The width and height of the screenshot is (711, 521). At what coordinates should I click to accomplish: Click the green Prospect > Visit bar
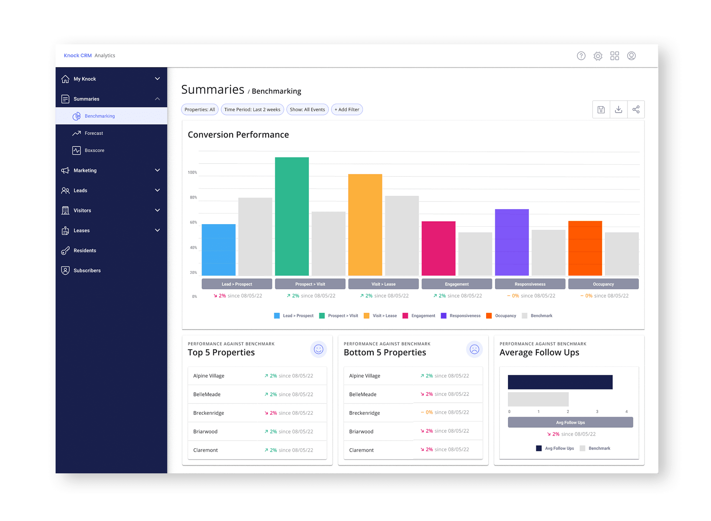click(292, 216)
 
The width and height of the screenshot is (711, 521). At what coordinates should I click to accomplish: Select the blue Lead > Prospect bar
click(219, 250)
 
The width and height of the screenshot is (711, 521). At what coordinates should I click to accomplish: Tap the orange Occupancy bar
click(585, 248)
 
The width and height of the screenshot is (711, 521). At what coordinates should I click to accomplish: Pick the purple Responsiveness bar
click(512, 242)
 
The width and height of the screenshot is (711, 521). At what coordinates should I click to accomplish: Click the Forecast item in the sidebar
click(94, 133)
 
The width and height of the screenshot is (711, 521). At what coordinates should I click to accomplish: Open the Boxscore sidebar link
click(94, 151)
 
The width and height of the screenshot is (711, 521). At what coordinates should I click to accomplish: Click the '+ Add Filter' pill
click(347, 110)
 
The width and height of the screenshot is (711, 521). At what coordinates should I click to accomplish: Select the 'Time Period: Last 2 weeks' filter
click(252, 110)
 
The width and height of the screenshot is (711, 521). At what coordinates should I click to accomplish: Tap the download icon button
click(618, 110)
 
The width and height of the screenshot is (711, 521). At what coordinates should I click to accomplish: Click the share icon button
click(636, 110)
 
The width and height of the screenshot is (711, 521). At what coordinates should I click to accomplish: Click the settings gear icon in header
click(598, 56)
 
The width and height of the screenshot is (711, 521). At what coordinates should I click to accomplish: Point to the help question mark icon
click(581, 56)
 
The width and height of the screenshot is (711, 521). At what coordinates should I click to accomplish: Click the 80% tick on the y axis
click(193, 197)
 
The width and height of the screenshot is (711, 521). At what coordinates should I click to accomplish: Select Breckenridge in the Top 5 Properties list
click(209, 413)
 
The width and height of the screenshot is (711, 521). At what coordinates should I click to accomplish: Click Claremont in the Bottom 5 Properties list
click(361, 450)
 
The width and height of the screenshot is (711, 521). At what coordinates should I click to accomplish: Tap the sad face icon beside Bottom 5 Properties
click(474, 349)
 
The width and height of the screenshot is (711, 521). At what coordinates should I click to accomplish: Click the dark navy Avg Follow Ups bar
click(560, 382)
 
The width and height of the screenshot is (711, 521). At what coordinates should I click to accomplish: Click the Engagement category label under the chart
click(456, 284)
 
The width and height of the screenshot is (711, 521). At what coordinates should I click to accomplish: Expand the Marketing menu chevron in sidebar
click(157, 170)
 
